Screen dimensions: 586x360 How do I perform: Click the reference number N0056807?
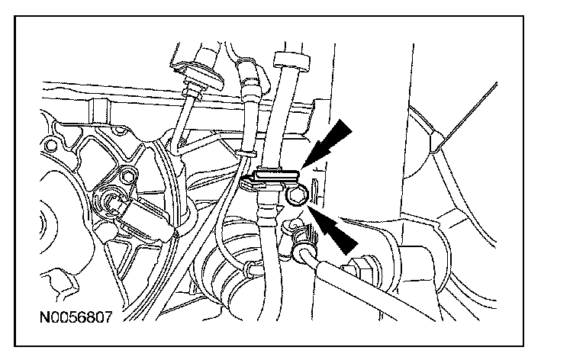76,315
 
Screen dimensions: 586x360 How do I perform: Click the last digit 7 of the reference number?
108,315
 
